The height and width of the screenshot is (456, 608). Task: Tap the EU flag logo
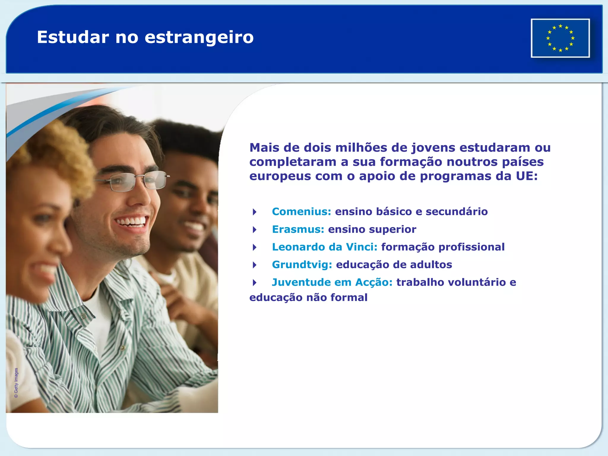click(x=560, y=38)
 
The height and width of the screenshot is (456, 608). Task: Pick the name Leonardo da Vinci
click(x=324, y=247)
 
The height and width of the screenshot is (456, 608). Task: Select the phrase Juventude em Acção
click(x=332, y=282)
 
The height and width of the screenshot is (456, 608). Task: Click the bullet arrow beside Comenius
click(x=254, y=212)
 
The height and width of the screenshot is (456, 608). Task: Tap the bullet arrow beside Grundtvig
click(x=254, y=265)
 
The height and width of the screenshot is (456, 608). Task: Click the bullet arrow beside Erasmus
click(x=254, y=229)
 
